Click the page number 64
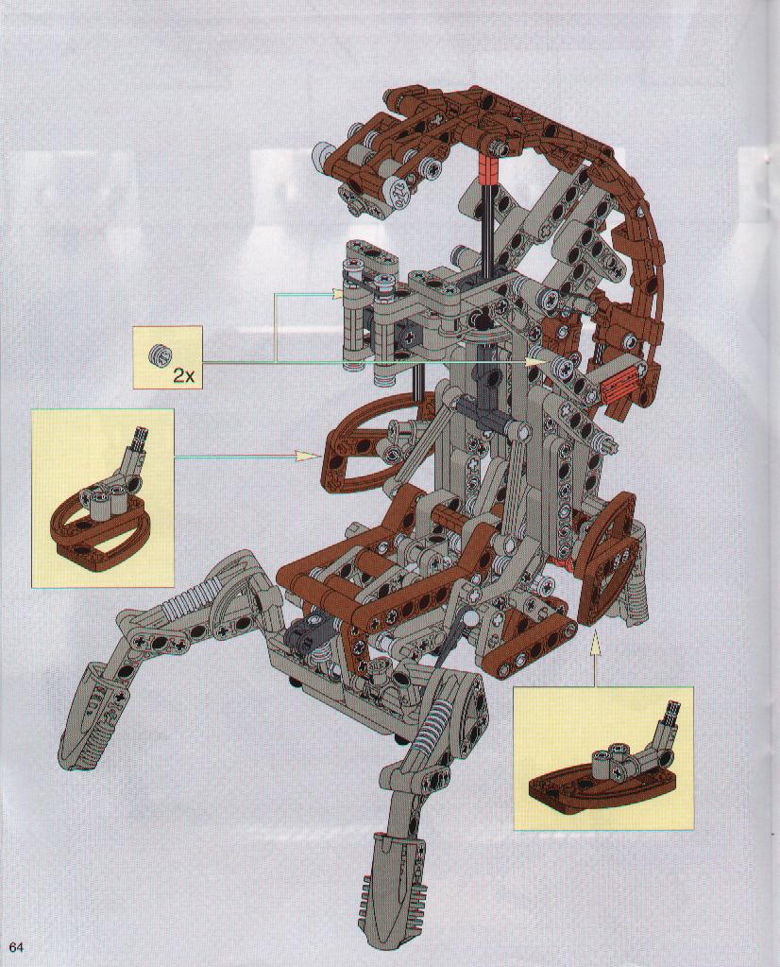(16, 946)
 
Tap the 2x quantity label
(183, 375)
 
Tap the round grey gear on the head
(400, 192)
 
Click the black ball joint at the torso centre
(480, 320)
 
